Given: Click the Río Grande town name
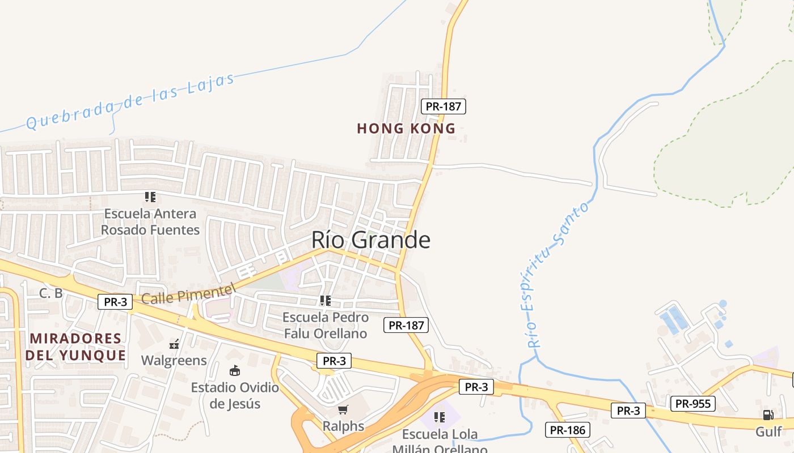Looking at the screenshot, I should point(370,240).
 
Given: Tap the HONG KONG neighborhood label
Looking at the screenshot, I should point(406,129).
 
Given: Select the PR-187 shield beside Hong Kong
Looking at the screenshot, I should point(444,106).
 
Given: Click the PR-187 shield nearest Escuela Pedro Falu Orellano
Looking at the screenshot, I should point(406,325).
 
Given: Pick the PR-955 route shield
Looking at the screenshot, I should point(692,404).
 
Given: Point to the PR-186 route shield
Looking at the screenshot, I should point(568,430).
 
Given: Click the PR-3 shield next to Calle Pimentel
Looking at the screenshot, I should point(115,302).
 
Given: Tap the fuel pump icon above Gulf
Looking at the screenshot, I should point(768,415).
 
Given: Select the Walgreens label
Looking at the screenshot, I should point(174,360).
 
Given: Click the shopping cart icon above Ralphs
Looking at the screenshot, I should point(343,409).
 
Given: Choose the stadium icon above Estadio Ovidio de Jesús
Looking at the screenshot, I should point(234,371).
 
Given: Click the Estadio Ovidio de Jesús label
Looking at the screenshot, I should point(235,395).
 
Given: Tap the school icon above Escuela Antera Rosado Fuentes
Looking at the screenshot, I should point(150,197).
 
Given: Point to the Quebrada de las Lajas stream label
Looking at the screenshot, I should point(130,101).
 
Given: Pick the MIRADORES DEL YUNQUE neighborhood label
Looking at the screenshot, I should point(75,347).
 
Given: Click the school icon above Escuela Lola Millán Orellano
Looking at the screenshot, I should point(439,417).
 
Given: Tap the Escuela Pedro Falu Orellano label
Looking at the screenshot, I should point(326,325).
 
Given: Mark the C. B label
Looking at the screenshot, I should point(50,293).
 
